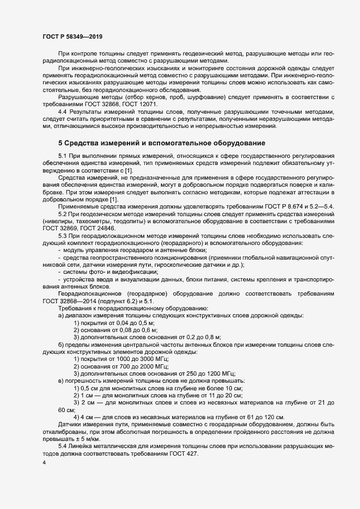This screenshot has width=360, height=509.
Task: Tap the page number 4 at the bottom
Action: pos(44,463)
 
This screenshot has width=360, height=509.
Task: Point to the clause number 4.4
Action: pos(65,111)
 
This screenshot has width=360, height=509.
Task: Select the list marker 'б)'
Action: pos(61,345)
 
